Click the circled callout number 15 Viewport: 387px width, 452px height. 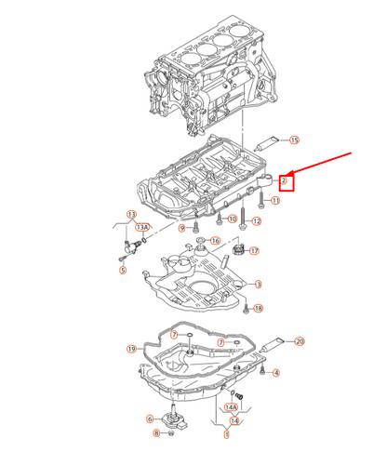click(x=294, y=140)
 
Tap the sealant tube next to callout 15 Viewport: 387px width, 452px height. click(x=267, y=141)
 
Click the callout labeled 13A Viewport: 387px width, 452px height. click(x=142, y=226)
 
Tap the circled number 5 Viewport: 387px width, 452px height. click(x=122, y=271)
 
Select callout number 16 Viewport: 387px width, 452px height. click(x=215, y=241)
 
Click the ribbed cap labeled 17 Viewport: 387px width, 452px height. click(x=238, y=250)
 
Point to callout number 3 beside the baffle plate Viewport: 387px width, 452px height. click(x=258, y=284)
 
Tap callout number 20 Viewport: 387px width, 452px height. click(x=300, y=341)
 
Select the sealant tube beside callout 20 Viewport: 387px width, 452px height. click(x=274, y=345)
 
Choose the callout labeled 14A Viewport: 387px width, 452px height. click(x=233, y=406)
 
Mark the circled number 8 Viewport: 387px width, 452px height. click(x=157, y=433)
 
